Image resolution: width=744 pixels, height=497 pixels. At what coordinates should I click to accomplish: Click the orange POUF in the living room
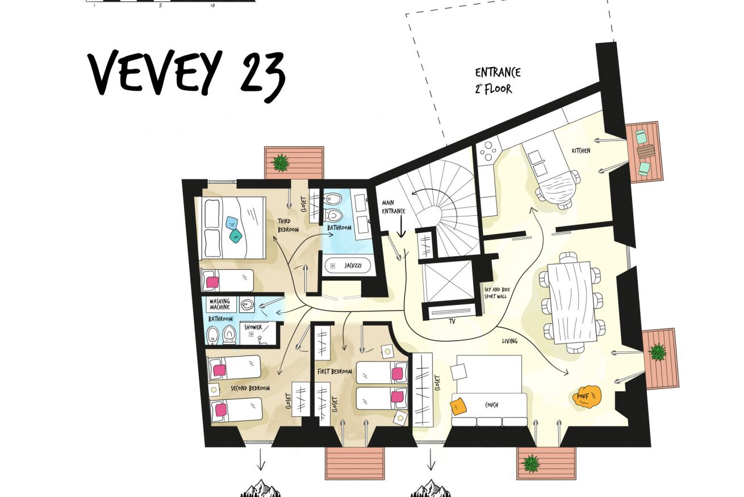pyautogui.click(x=587, y=396)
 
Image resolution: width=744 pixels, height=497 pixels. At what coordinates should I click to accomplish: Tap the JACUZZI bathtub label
pyautogui.click(x=353, y=265)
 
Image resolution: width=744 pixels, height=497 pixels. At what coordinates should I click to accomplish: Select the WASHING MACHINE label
pyautogui.click(x=220, y=304)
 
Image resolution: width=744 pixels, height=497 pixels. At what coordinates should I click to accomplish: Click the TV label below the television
pyautogui.click(x=452, y=321)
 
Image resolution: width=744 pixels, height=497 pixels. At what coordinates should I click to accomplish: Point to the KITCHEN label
pyautogui.click(x=581, y=151)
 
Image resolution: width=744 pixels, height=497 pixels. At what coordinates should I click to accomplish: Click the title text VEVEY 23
pyautogui.click(x=186, y=75)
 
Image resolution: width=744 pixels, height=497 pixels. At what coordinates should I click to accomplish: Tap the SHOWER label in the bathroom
pyautogui.click(x=253, y=327)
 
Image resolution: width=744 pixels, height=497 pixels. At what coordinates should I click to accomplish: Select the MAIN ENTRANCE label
pyautogui.click(x=393, y=207)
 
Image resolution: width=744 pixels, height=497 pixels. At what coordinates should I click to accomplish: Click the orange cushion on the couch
pyautogui.click(x=458, y=406)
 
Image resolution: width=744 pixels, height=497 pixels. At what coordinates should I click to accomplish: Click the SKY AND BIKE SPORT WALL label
pyautogui.click(x=497, y=293)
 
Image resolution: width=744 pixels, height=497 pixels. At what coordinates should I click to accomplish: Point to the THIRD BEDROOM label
pyautogui.click(x=288, y=225)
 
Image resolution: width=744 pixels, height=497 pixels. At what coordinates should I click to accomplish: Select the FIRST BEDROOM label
pyautogui.click(x=335, y=371)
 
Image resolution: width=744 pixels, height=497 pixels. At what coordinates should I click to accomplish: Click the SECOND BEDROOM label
pyautogui.click(x=250, y=388)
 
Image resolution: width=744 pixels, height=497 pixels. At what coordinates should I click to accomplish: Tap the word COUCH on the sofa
pyautogui.click(x=491, y=405)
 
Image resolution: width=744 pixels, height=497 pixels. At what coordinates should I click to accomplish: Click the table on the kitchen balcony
pyautogui.click(x=645, y=152)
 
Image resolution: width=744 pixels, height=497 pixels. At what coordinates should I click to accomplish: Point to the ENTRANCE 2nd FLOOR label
pyautogui.click(x=497, y=81)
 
